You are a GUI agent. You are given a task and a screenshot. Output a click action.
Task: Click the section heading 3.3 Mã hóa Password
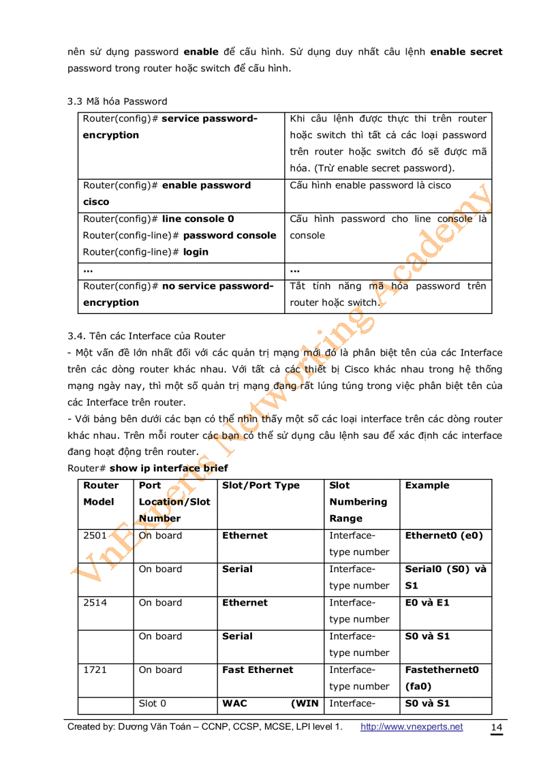(x=117, y=102)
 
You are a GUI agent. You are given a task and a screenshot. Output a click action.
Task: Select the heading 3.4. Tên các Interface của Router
(x=146, y=336)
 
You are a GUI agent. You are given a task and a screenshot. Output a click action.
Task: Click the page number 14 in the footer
(x=497, y=728)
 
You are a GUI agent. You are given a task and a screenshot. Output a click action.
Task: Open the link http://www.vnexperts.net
(x=411, y=727)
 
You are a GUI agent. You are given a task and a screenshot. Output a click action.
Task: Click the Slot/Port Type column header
(x=260, y=486)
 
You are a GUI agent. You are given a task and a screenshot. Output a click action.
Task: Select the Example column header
(x=427, y=486)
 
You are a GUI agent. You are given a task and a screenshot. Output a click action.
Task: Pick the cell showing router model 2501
(x=95, y=535)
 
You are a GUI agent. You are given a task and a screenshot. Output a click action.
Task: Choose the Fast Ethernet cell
(x=258, y=670)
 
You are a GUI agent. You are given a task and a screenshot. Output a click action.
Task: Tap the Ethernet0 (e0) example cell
(x=444, y=535)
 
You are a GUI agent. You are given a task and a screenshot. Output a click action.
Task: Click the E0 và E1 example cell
(x=427, y=603)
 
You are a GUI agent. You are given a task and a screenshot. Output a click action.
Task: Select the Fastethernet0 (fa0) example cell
(x=442, y=678)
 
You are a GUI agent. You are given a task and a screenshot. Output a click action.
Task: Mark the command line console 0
(x=198, y=219)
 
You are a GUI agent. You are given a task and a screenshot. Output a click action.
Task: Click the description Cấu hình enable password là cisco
(x=370, y=185)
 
